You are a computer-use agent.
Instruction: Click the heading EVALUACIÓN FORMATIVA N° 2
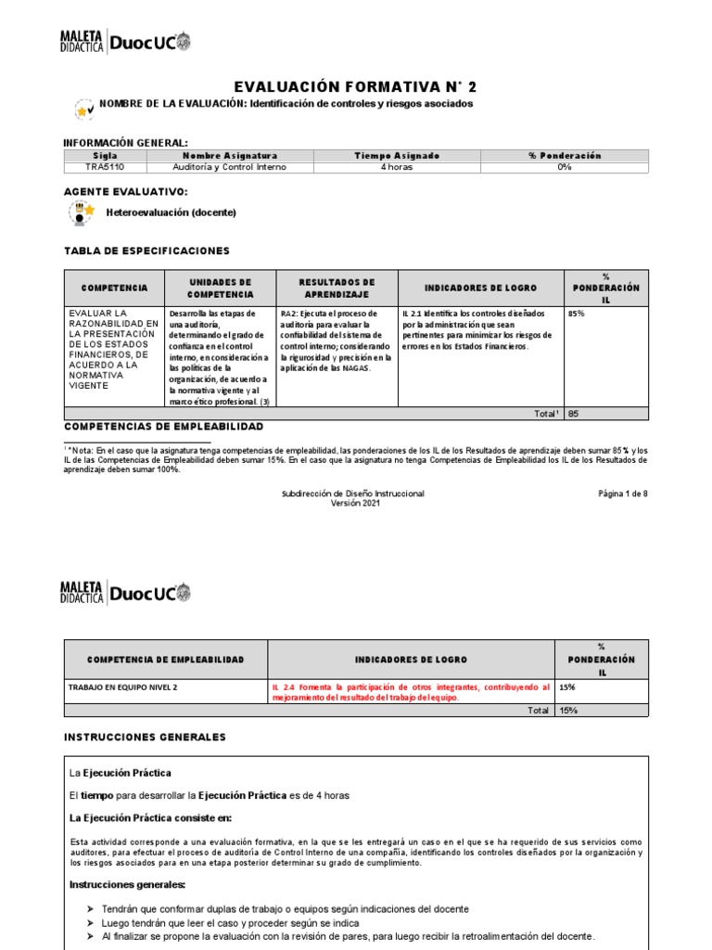click(356, 86)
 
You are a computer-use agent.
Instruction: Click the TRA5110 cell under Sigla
click(106, 167)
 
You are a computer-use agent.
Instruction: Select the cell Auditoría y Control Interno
click(230, 167)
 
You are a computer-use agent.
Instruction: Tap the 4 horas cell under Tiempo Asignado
click(397, 167)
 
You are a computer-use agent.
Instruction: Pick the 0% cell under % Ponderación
click(565, 167)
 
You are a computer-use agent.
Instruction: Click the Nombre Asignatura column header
click(230, 156)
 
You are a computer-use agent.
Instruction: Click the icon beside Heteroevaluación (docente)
click(83, 212)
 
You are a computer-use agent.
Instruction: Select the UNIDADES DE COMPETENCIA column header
click(220, 288)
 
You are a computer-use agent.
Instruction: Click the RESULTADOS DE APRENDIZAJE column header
click(337, 288)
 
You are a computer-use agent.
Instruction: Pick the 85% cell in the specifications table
click(577, 314)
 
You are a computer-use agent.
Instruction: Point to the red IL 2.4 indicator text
click(410, 692)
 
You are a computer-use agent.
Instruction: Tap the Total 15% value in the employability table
click(568, 710)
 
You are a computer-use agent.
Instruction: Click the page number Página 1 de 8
click(623, 494)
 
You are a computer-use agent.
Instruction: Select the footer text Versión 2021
click(356, 503)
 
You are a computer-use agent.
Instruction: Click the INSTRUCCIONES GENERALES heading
click(145, 737)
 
